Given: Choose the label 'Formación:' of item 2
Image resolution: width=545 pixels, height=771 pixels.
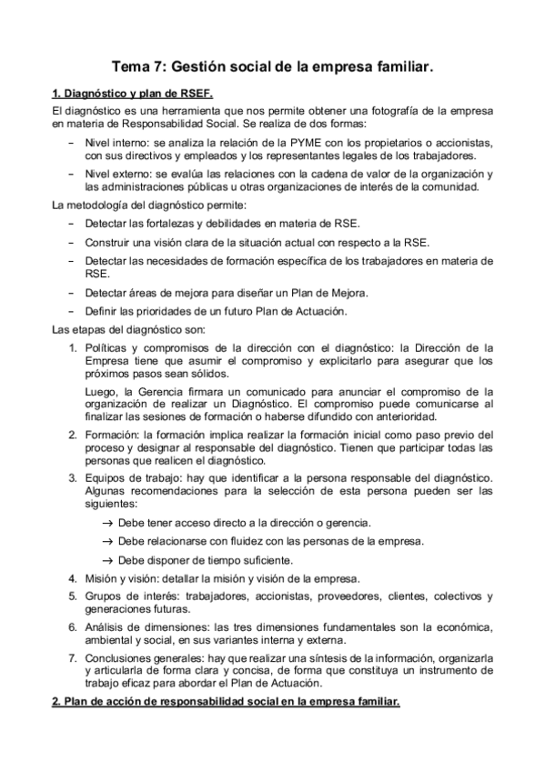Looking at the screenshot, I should [112, 436].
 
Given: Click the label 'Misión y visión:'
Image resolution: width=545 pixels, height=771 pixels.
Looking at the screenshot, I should [125, 578].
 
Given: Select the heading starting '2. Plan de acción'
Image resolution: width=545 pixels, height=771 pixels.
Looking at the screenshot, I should [225, 703].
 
